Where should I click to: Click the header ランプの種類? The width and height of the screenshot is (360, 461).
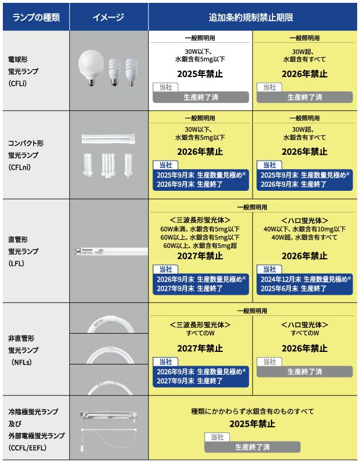click(x=35, y=17)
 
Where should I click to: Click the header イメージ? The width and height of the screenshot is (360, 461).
click(x=109, y=17)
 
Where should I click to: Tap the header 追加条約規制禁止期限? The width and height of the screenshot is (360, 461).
click(x=254, y=17)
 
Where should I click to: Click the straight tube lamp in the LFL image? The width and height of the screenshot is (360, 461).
click(x=109, y=251)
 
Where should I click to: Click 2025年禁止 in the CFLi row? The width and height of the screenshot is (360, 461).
click(x=200, y=74)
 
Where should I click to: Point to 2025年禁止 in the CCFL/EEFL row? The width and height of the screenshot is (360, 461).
click(x=252, y=424)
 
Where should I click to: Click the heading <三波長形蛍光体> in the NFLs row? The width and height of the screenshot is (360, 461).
click(x=200, y=324)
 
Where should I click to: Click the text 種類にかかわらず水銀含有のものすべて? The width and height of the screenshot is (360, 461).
click(x=252, y=411)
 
